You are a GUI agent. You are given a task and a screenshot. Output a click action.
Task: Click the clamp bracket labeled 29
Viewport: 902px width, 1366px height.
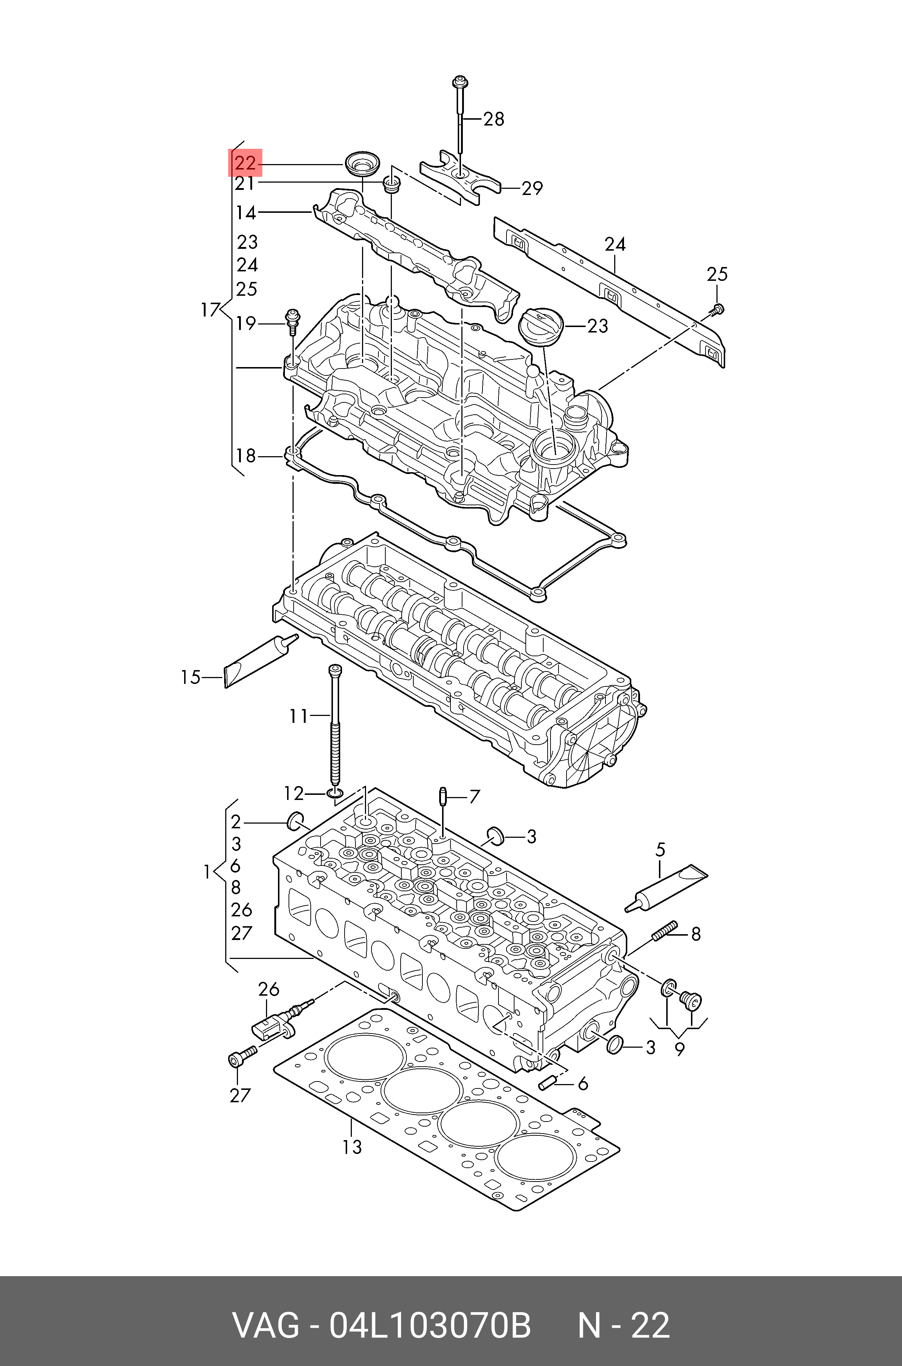(460, 175)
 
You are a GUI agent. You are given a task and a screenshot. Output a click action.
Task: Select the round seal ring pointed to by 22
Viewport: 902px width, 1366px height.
(362, 164)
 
